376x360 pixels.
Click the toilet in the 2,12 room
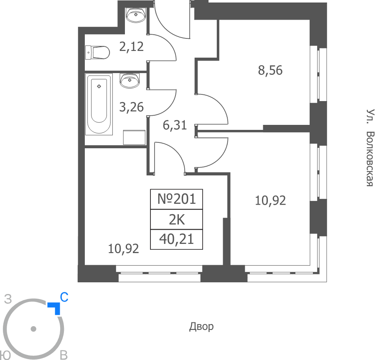(97, 52)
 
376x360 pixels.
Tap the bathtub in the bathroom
(99, 104)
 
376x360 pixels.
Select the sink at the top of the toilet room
(136, 15)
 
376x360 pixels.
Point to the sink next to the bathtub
(130, 81)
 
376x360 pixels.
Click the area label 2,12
(132, 46)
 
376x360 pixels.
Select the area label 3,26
(132, 107)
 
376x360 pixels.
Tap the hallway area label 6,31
(175, 125)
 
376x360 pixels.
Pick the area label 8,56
(270, 70)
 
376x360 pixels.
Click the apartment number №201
(176, 199)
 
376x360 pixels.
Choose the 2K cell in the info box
(177, 219)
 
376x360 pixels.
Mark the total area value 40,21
(176, 239)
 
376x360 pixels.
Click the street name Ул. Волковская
(370, 148)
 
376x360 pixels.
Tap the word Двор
(201, 327)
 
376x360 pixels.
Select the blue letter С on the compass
(64, 297)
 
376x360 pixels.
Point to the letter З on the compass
(8, 299)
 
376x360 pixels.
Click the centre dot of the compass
(33, 329)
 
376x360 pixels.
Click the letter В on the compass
(64, 355)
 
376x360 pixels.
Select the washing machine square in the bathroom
(134, 137)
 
